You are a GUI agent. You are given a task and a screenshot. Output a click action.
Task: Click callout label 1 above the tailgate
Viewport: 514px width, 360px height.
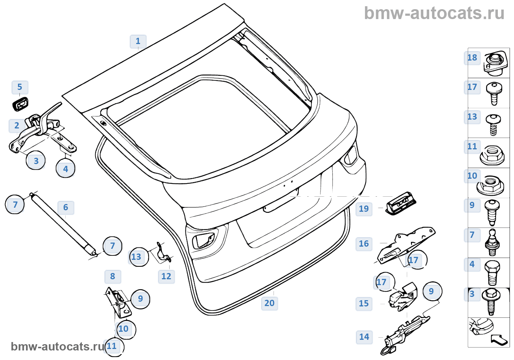pyautogui.click(x=138, y=41)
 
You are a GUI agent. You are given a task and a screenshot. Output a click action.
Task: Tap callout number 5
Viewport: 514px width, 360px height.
pyautogui.click(x=20, y=87)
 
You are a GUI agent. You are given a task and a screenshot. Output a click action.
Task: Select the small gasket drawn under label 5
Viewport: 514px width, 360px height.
pyautogui.click(x=21, y=104)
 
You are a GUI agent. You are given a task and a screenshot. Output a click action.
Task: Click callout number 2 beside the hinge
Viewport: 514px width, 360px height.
pyautogui.click(x=17, y=126)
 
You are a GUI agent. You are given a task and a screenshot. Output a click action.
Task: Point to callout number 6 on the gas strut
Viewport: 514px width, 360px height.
pyautogui.click(x=66, y=207)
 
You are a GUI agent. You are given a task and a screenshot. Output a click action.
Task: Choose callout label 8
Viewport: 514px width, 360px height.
pyautogui.click(x=113, y=276)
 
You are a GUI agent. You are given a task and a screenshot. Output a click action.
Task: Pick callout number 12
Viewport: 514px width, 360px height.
pyautogui.click(x=166, y=276)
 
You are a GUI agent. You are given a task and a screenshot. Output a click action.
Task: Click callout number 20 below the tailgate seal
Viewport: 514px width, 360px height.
pyautogui.click(x=269, y=303)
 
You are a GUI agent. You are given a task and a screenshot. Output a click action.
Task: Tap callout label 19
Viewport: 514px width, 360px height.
pyautogui.click(x=364, y=209)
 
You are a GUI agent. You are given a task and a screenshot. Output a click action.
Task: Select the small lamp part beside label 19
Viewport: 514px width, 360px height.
pyautogui.click(x=401, y=203)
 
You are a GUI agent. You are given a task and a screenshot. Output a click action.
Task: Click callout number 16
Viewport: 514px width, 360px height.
pyautogui.click(x=364, y=244)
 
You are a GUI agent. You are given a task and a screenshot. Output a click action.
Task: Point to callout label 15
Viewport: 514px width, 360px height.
pyautogui.click(x=364, y=303)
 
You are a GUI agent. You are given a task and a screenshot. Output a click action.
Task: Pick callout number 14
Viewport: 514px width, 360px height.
pyautogui.click(x=364, y=337)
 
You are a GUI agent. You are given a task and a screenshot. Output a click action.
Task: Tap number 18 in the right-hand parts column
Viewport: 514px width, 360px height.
pyautogui.click(x=472, y=58)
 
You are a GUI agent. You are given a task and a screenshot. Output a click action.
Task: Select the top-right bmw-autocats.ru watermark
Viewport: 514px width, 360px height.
pyautogui.click(x=434, y=13)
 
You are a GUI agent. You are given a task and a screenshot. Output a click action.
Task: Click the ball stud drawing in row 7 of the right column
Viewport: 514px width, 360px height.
pyautogui.click(x=493, y=242)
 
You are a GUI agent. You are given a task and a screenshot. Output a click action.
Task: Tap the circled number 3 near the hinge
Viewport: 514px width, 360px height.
pyautogui.click(x=36, y=161)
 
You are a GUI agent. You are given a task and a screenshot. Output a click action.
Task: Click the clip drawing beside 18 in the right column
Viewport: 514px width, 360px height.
pyautogui.click(x=494, y=63)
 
